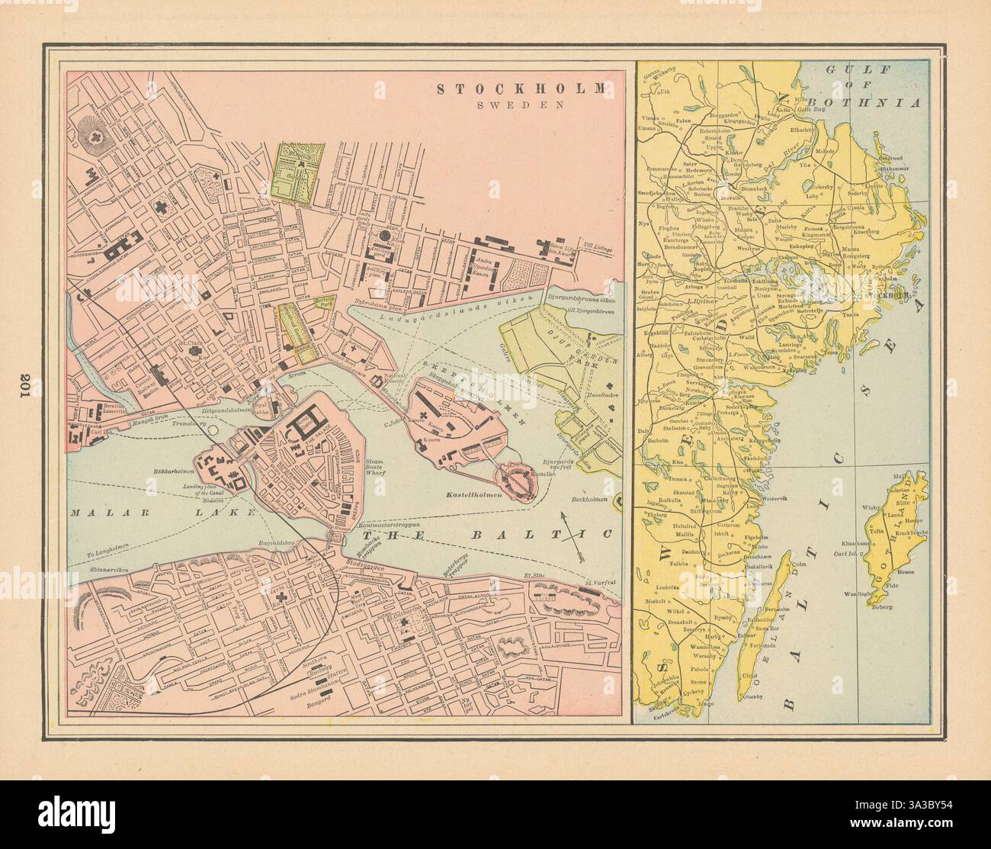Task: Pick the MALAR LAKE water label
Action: pos(156,514)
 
